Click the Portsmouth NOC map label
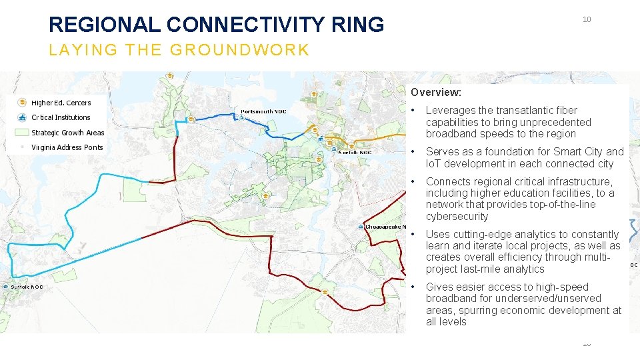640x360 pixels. [264, 111]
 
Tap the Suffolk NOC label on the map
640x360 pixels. [27, 287]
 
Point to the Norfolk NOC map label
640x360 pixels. [355, 153]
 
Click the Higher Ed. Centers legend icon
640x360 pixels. [22, 103]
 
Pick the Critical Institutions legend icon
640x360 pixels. [22, 117]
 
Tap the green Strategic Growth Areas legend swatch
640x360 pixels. [22, 133]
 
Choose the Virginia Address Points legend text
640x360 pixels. [67, 147]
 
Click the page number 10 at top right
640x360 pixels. [587, 19]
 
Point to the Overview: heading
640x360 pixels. [435, 93]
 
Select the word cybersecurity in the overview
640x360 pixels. [457, 217]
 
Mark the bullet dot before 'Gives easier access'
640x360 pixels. [414, 287]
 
